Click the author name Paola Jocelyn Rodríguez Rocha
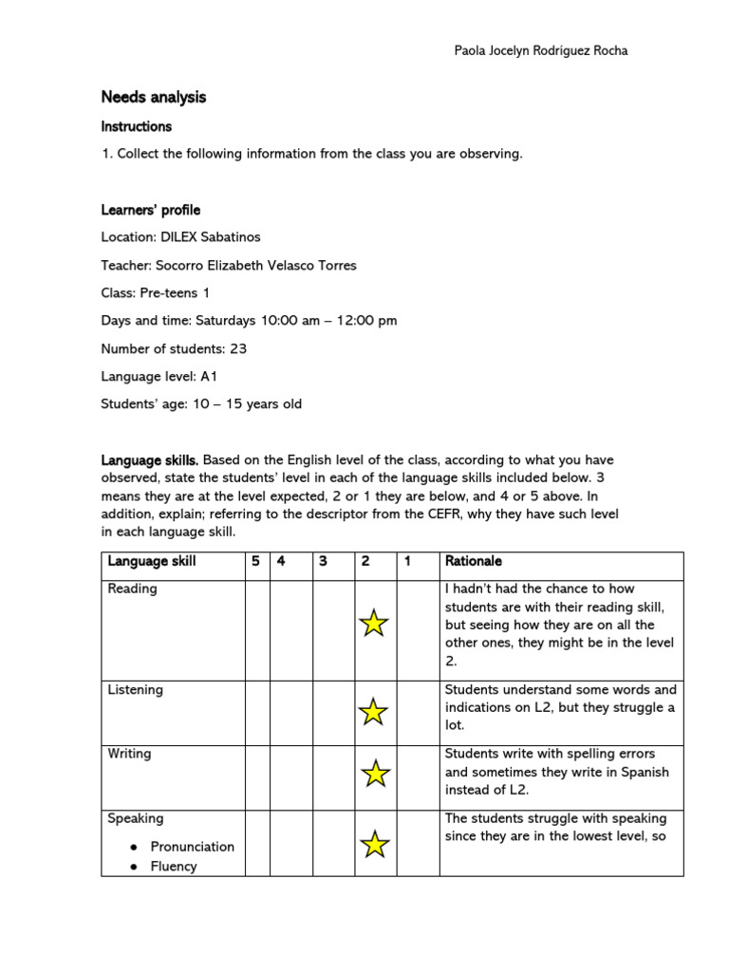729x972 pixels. tap(541, 50)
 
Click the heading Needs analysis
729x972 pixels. tap(154, 97)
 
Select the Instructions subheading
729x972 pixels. tap(137, 126)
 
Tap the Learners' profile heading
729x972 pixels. tap(151, 210)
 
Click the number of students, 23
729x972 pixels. tap(238, 348)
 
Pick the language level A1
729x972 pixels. tap(209, 376)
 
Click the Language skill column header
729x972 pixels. tap(152, 561)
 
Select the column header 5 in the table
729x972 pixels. tap(255, 561)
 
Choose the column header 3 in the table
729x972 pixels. tap(323, 561)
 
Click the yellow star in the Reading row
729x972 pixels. tap(374, 624)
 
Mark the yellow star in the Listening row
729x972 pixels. tap(374, 711)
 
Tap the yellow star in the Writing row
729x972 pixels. tap(375, 774)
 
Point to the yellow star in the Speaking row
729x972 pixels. tap(375, 844)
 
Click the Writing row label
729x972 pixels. tap(129, 754)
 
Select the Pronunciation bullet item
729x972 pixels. tap(192, 847)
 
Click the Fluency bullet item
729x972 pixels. tap(174, 866)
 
